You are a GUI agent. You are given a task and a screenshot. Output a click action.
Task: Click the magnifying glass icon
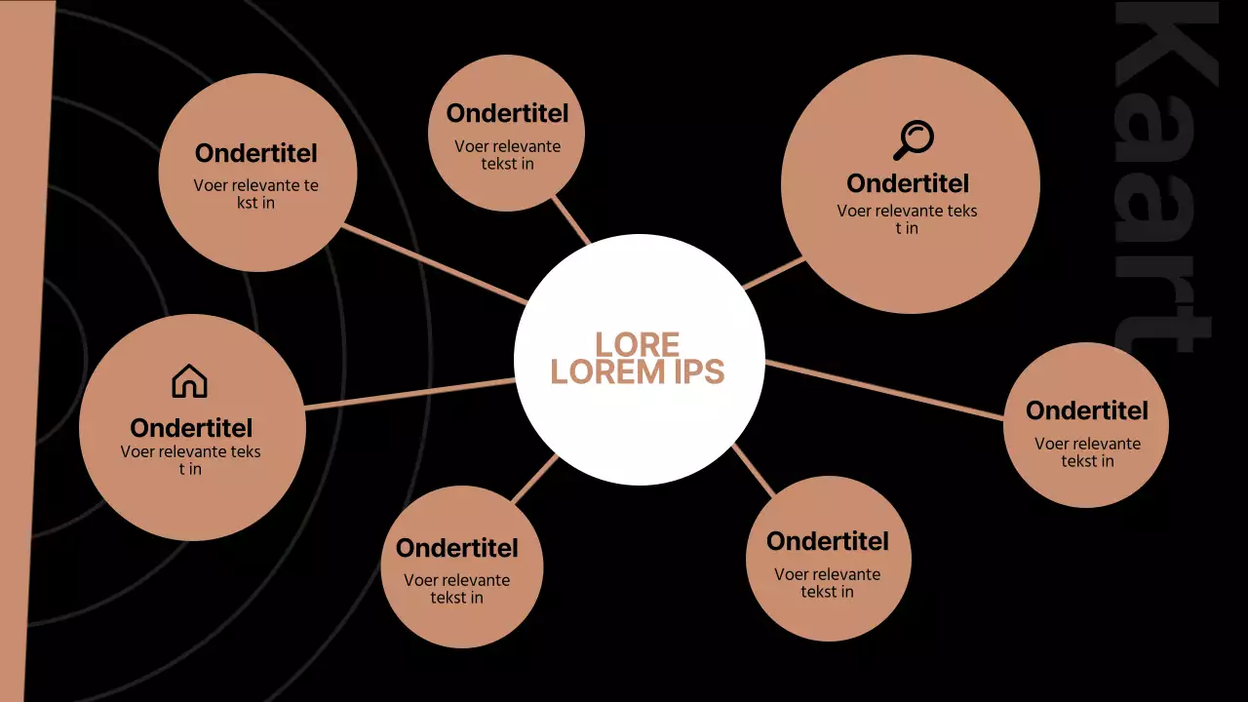pyautogui.click(x=914, y=140)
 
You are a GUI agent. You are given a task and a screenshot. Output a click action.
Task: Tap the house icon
pyautogui.click(x=189, y=381)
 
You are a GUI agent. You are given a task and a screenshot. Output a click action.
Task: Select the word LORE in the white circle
pyautogui.click(x=637, y=344)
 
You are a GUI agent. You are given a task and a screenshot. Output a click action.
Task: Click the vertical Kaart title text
pyautogui.click(x=1165, y=175)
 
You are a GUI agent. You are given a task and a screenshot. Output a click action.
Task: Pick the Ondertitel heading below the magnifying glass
pyautogui.click(x=908, y=183)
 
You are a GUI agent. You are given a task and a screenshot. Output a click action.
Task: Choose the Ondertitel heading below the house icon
pyautogui.click(x=191, y=428)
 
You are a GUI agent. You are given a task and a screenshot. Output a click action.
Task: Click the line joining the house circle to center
pyautogui.click(x=409, y=393)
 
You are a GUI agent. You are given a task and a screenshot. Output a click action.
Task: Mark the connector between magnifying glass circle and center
pyautogui.click(x=774, y=274)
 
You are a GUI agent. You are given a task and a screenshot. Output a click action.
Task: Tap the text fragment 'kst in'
pyautogui.click(x=255, y=203)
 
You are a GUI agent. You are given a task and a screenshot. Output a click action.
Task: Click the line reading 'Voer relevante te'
pyautogui.click(x=255, y=185)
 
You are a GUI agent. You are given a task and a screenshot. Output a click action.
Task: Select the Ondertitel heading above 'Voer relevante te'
pyautogui.click(x=256, y=153)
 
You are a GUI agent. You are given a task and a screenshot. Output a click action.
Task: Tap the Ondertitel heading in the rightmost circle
pyautogui.click(x=1087, y=410)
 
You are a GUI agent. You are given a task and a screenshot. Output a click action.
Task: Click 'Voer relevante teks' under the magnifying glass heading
pyautogui.click(x=907, y=211)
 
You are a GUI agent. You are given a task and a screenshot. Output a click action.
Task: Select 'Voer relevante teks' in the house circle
pyautogui.click(x=191, y=451)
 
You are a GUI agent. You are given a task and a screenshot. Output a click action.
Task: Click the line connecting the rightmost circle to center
pyautogui.click(x=882, y=390)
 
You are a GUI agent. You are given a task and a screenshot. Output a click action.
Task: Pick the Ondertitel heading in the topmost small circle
pyautogui.click(x=507, y=113)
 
